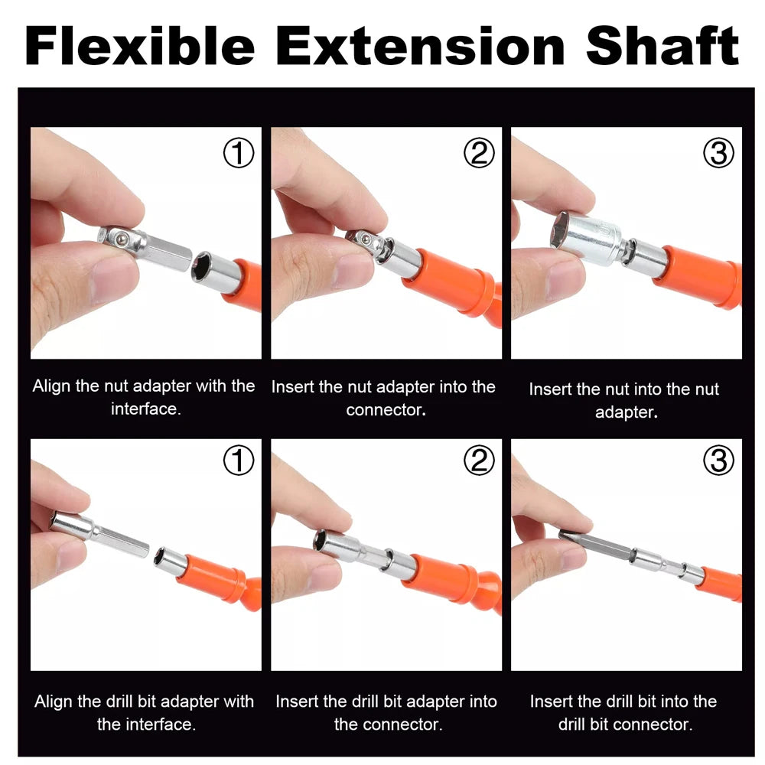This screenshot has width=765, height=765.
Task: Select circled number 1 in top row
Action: click(238, 154)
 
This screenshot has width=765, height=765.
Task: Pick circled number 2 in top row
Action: click(479, 154)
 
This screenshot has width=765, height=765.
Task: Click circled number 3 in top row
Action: click(718, 154)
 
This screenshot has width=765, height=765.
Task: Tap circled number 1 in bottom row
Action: click(238, 461)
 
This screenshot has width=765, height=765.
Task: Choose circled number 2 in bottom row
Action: click(479, 461)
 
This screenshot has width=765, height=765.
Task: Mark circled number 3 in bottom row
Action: click(718, 461)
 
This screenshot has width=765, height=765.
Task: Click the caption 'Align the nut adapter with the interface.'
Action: click(144, 396)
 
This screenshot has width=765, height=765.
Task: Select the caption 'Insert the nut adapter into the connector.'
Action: click(384, 397)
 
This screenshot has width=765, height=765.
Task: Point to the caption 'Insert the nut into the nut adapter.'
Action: click(624, 400)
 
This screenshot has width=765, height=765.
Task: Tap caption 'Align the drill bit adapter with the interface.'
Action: click(144, 711)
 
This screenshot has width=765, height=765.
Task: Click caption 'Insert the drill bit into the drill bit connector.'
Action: click(624, 711)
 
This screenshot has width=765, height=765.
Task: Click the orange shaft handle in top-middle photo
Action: click(455, 279)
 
